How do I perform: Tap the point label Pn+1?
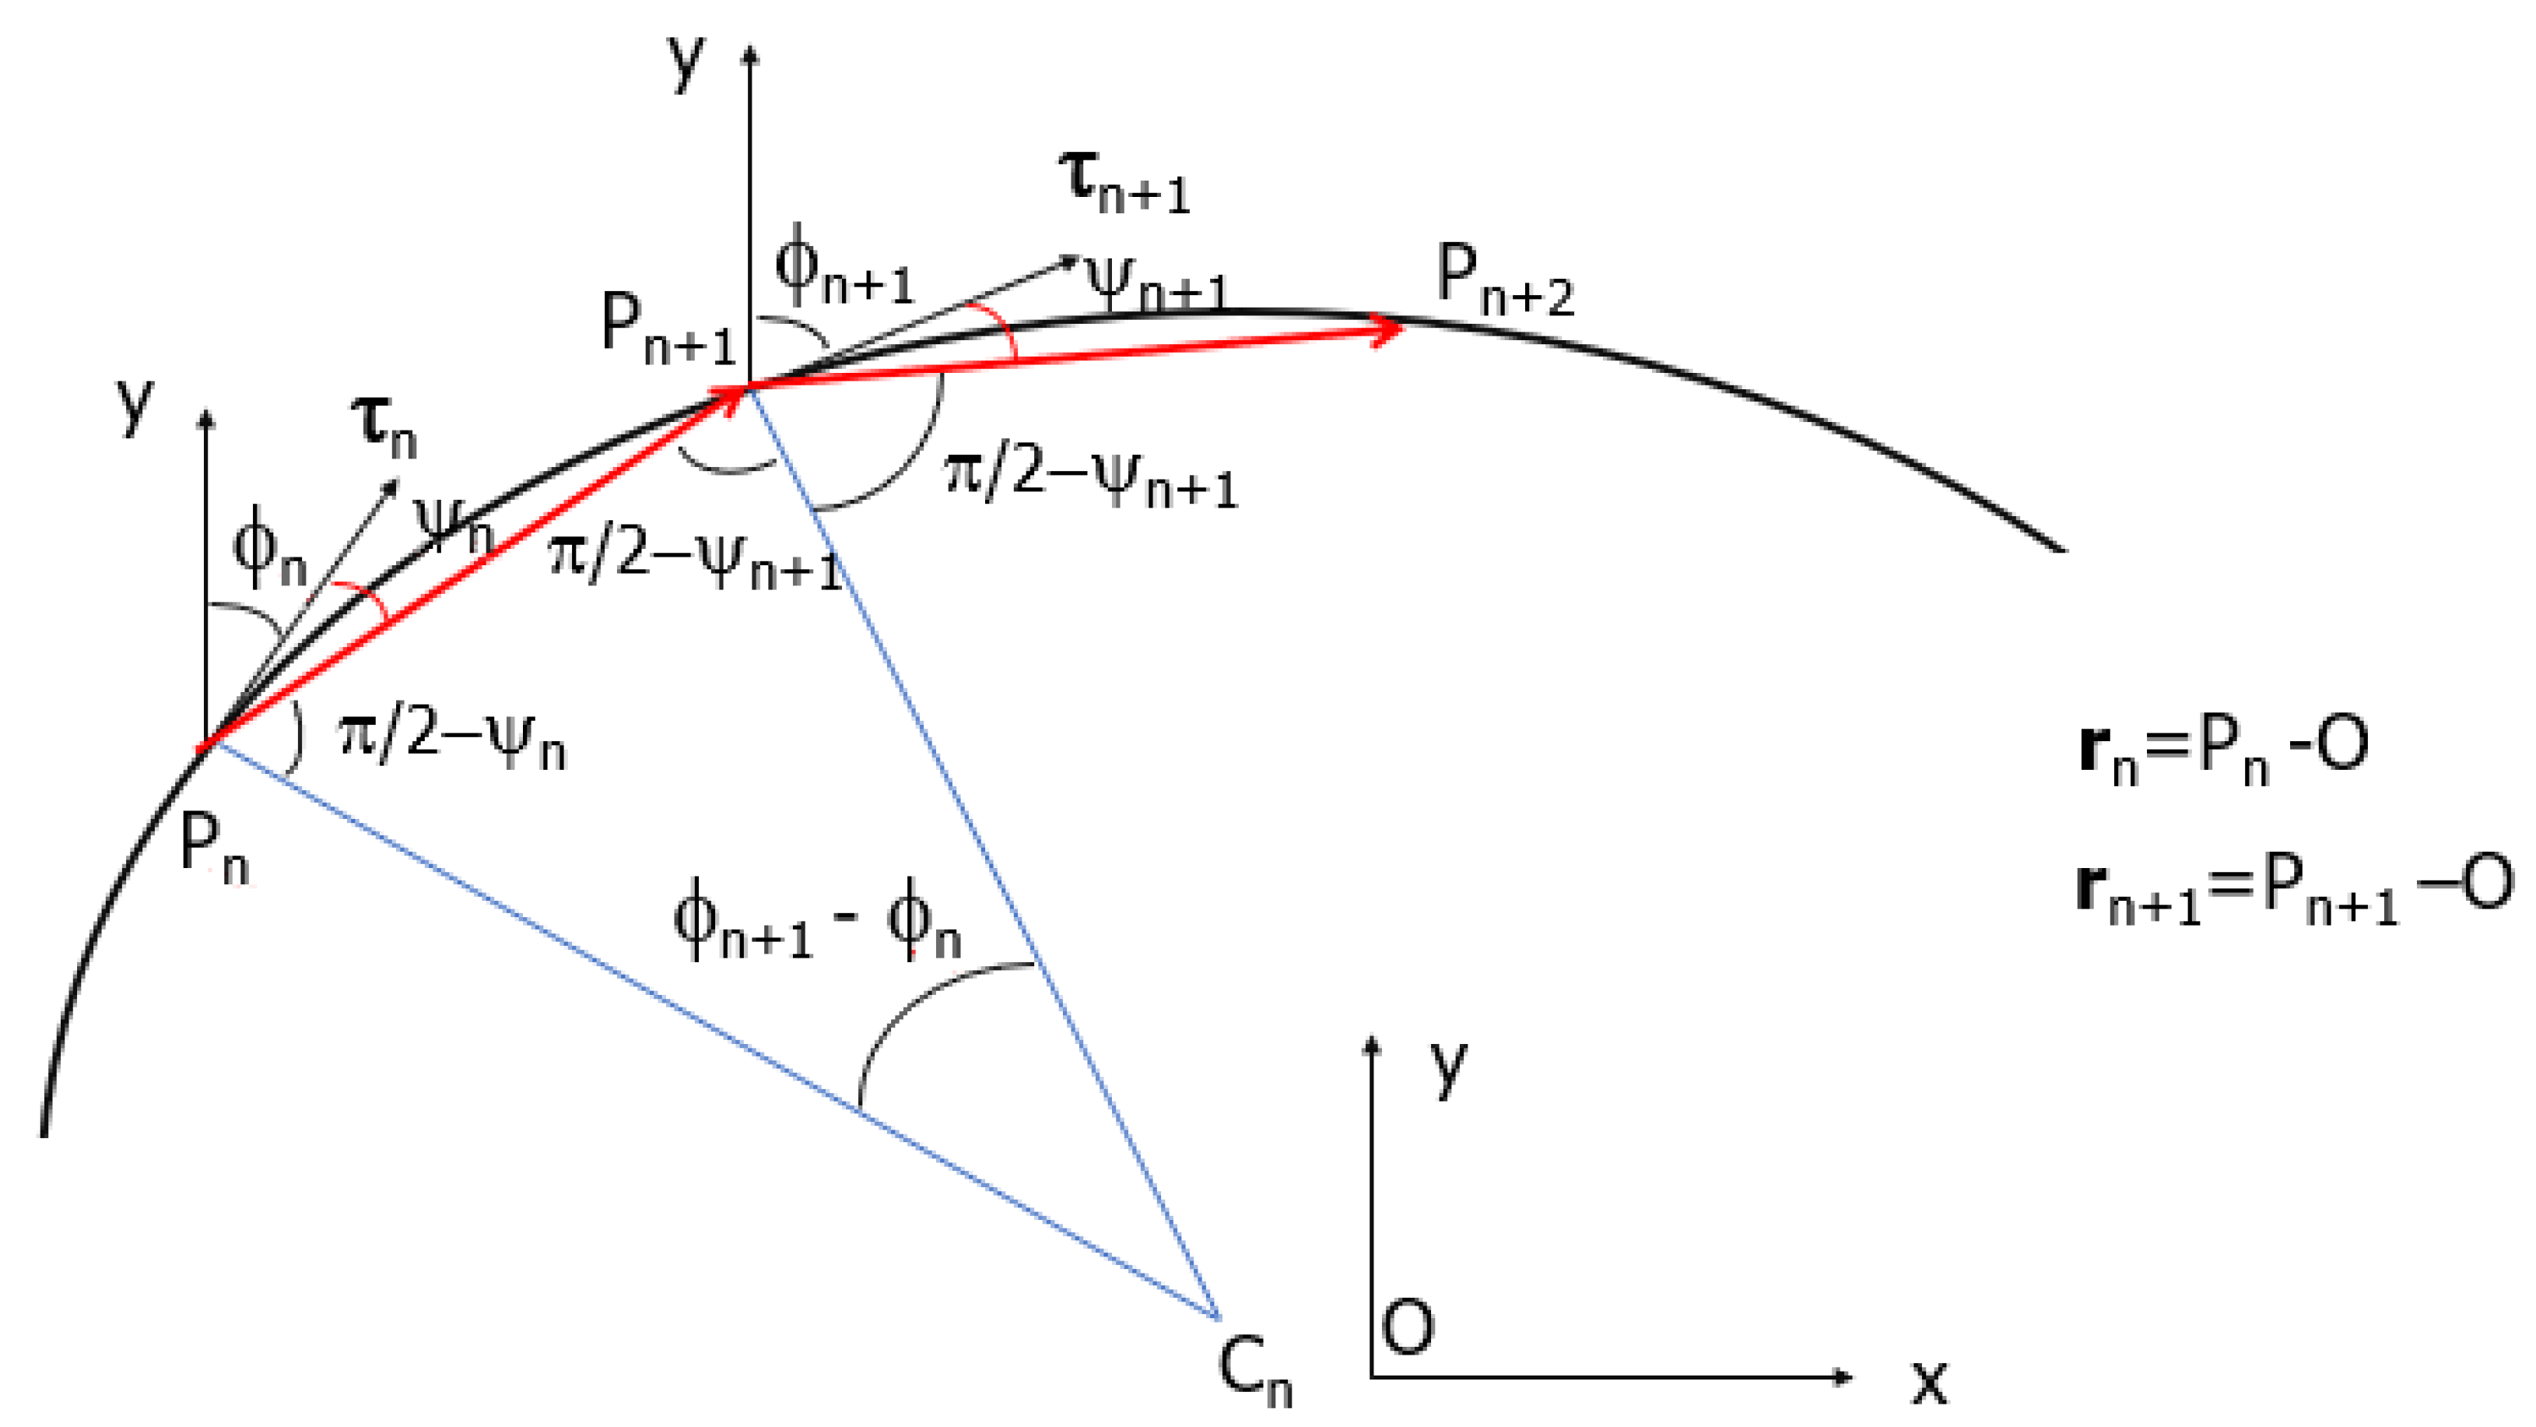click(668, 331)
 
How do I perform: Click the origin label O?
click(1407, 1327)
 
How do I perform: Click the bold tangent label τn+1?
click(1124, 182)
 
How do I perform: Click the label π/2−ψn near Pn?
click(451, 740)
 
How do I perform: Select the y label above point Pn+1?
click(686, 61)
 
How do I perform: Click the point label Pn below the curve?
click(214, 849)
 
